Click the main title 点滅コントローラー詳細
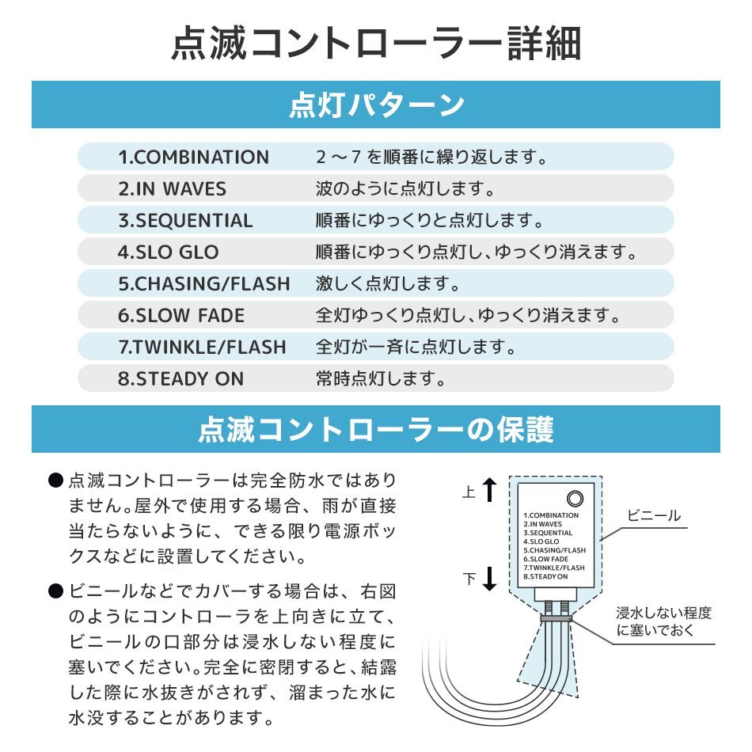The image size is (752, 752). click(x=376, y=44)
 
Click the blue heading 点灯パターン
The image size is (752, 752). click(x=376, y=105)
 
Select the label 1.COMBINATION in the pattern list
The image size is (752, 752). click(x=193, y=157)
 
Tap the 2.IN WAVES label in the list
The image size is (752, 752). click(x=172, y=189)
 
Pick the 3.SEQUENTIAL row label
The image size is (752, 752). click(x=185, y=221)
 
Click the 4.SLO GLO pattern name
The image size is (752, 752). click(x=168, y=253)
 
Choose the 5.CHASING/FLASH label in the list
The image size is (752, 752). click(x=203, y=283)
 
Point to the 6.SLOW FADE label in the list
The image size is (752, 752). click(x=181, y=315)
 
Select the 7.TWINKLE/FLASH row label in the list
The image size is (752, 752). click(x=202, y=347)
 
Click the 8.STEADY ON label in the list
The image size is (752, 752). click(x=180, y=378)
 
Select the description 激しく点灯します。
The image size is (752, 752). click(x=388, y=283)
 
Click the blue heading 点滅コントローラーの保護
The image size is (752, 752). click(x=376, y=429)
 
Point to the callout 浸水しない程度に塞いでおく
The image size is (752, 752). click(x=663, y=621)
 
